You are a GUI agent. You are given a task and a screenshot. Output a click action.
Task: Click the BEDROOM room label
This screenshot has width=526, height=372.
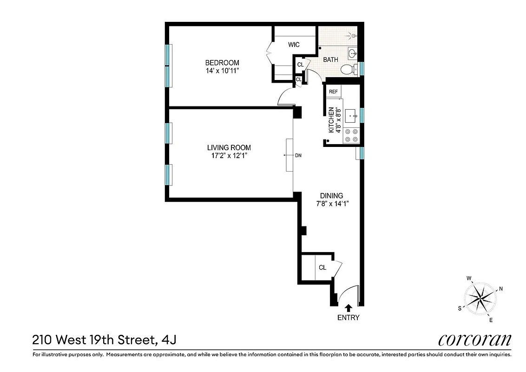pyautogui.click(x=222, y=63)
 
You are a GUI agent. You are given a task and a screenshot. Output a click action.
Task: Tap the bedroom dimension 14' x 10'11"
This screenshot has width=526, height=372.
pyautogui.click(x=222, y=71)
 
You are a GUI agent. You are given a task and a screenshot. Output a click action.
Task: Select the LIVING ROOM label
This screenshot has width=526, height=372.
pyautogui.click(x=229, y=148)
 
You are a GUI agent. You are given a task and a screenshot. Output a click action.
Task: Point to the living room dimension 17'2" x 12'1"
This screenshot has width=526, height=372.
pyautogui.click(x=229, y=156)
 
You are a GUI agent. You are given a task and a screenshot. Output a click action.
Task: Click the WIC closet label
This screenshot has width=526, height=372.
pyautogui.click(x=294, y=45)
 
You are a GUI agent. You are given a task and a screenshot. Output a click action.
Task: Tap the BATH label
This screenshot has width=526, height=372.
pyautogui.click(x=330, y=60)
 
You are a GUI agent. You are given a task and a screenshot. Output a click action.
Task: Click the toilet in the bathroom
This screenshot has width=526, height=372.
pyautogui.click(x=348, y=69)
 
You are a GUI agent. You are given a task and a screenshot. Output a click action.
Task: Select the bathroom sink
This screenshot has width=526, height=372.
pyautogui.click(x=353, y=53)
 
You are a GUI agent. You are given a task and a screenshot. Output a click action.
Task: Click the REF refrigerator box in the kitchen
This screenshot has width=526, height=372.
pyautogui.click(x=333, y=92)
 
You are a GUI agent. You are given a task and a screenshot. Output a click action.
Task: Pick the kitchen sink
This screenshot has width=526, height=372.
pyautogui.click(x=351, y=113)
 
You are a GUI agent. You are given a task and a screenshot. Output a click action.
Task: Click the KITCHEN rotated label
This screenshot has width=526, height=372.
pyautogui.click(x=335, y=120)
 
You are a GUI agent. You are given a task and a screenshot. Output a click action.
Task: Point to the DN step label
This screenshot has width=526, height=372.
pyautogui.click(x=298, y=156)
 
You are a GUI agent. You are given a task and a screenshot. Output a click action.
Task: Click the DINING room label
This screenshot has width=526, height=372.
pyautogui.click(x=331, y=196)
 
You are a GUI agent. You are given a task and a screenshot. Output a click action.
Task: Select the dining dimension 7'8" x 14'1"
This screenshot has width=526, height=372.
pyautogui.click(x=331, y=204)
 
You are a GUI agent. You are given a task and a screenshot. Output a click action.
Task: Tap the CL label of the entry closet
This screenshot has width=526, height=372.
pyautogui.click(x=322, y=267)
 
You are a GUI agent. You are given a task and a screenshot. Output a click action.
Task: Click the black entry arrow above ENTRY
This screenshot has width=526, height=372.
pyautogui.click(x=348, y=306)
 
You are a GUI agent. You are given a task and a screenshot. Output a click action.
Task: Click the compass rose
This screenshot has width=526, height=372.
pyautogui.click(x=480, y=297)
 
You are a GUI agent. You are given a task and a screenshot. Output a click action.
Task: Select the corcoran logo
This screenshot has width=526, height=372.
pyautogui.click(x=474, y=340)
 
